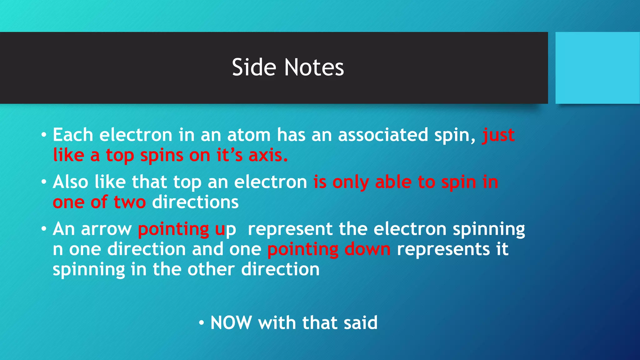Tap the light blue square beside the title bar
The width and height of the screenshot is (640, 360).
pyautogui.click(x=597, y=68)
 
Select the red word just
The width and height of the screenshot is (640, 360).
pyautogui.click(x=498, y=135)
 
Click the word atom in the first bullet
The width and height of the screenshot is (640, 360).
pyautogui.click(x=249, y=135)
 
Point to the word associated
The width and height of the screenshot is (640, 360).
pyautogui.click(x=383, y=135)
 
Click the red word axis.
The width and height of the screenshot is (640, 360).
pyautogui.click(x=268, y=155)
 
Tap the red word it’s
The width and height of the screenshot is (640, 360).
pyautogui.click(x=229, y=155)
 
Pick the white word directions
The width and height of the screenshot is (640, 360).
pyautogui.click(x=195, y=202)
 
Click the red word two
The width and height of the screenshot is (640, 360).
pyautogui.click(x=130, y=202)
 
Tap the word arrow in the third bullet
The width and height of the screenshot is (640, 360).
pyautogui.click(x=106, y=229)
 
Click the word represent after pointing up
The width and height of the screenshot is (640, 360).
pyautogui.click(x=290, y=229)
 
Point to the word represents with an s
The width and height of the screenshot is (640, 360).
pyautogui.click(x=443, y=249)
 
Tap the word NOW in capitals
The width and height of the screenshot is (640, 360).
pyautogui.click(x=231, y=322)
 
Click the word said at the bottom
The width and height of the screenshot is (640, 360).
pyautogui.click(x=360, y=322)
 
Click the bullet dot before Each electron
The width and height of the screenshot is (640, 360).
pyautogui.click(x=44, y=135)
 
